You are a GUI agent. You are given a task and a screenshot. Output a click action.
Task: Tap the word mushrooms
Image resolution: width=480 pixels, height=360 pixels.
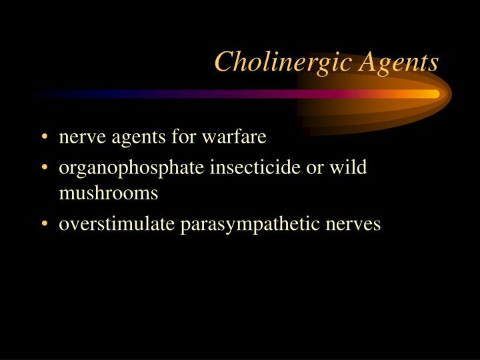[x=109, y=193]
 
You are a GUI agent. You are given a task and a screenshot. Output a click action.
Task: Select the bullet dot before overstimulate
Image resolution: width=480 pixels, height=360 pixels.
[x=44, y=225]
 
